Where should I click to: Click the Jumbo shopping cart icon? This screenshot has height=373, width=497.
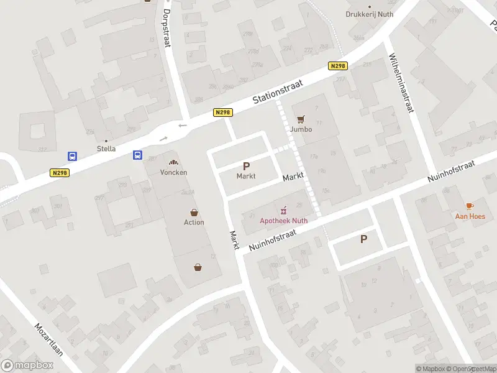coord(301,119)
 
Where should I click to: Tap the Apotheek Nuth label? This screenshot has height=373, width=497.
coord(283,219)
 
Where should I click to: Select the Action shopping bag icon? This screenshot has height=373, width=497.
coord(194,212)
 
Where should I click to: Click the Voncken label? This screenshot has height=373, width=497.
coord(173,172)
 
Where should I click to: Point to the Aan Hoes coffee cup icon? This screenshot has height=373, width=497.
coord(469,206)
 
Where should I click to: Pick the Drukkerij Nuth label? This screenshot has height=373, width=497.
coord(370,14)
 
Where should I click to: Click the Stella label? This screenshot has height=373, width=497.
coord(106,149)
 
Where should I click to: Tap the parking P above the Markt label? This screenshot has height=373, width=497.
coord(246,166)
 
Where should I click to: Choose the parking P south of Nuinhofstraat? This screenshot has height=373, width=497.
coord(363,239)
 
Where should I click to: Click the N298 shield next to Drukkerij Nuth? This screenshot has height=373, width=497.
coord(337,66)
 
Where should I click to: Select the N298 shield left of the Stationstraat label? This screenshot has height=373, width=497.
coord(222,112)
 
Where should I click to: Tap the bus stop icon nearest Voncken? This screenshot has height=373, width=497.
coord(137,155)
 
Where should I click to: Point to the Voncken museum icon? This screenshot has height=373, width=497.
coord(173,162)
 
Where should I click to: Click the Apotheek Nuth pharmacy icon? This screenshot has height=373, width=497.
coord(284,209)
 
